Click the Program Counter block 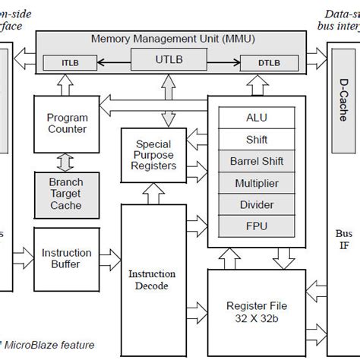coord(67,123)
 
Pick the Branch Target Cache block coord(67,195)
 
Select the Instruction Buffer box coord(67,259)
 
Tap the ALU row coord(257,118)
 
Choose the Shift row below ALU coord(257,139)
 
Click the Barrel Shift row coord(257,161)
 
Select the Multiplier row coord(257,183)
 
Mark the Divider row coord(257,204)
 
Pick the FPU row coord(257,226)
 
